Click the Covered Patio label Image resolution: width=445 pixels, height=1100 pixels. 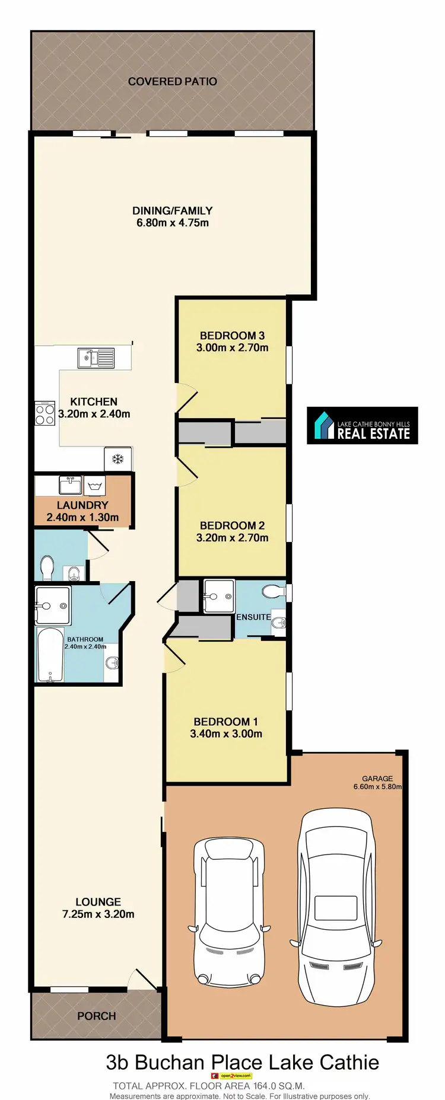tap(172, 81)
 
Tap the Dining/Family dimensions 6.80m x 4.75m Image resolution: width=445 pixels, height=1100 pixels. tap(172, 223)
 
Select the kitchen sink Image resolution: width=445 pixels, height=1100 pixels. tap(96, 358)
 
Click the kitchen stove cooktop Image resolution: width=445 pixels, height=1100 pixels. tap(45, 413)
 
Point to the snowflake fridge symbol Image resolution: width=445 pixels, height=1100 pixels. tap(117, 459)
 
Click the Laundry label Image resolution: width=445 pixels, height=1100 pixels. tap(82, 505)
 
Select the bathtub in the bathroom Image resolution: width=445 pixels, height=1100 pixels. tap(50, 655)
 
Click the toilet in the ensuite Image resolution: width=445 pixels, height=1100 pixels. tap(274, 592)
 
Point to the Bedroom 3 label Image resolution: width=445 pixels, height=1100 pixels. tap(232, 336)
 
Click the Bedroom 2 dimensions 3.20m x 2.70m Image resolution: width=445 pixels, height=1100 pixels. tap(232, 538)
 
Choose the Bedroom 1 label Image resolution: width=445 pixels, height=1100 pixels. tap(225, 722)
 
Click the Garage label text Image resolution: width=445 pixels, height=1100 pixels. tap(377, 779)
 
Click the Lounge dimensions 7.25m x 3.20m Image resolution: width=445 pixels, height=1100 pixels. tap(98, 914)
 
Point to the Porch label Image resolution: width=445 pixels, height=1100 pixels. tap(96, 1016)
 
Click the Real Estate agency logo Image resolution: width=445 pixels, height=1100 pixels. tap(362, 426)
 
